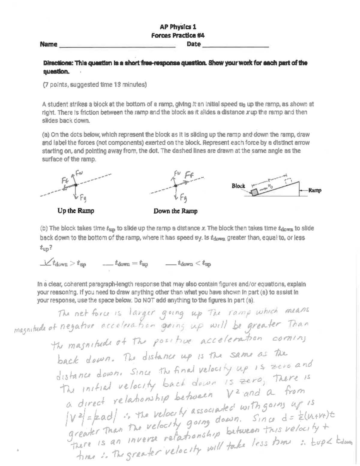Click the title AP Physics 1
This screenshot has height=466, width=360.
tap(178, 27)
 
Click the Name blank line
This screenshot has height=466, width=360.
tap(117, 47)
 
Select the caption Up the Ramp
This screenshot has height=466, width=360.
tap(76, 211)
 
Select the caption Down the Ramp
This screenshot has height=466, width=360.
tap(175, 211)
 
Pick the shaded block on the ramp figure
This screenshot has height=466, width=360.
tap(254, 192)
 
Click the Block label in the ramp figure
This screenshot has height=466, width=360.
tap(238, 186)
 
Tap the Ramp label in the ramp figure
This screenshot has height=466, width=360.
tap(315, 190)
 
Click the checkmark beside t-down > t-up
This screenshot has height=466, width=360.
tap(46, 263)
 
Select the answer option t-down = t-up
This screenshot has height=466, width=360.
tap(131, 264)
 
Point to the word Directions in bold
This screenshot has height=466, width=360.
tap(58, 63)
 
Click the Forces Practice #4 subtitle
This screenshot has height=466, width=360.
tap(178, 35)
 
